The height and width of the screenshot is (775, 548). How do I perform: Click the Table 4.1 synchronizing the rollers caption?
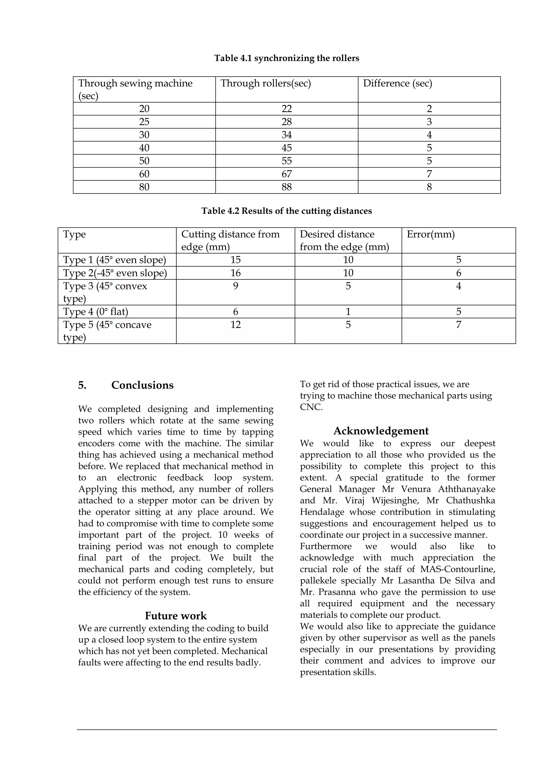pyautogui.click(x=287, y=58)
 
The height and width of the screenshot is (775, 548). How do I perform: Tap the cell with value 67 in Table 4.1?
pyautogui.click(x=287, y=174)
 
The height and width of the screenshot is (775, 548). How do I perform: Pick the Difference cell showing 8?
pyautogui.click(x=429, y=187)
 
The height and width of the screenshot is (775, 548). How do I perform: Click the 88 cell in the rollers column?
pyautogui.click(x=287, y=187)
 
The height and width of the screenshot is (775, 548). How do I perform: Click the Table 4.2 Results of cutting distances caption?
pyautogui.click(x=287, y=211)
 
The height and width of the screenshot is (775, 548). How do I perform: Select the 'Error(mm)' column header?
pyautogui.click(x=431, y=234)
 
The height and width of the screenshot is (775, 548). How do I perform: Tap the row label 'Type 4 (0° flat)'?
pyautogui.click(x=96, y=311)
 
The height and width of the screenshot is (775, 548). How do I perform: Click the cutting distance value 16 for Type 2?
pyautogui.click(x=235, y=273)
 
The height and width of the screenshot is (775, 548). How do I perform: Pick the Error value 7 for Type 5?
pyautogui.click(x=458, y=325)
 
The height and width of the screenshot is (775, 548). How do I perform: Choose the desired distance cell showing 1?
pyautogui.click(x=348, y=311)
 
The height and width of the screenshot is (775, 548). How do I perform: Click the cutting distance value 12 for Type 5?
pyautogui.click(x=235, y=325)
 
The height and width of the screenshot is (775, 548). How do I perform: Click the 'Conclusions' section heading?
pyautogui.click(x=142, y=385)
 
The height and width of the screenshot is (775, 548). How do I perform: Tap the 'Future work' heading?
pyautogui.click(x=176, y=616)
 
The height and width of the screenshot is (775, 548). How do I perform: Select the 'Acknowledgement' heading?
pyautogui.click(x=381, y=431)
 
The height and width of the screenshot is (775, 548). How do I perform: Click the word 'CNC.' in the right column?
pyautogui.click(x=311, y=407)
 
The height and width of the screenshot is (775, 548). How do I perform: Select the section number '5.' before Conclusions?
pyautogui.click(x=82, y=385)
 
